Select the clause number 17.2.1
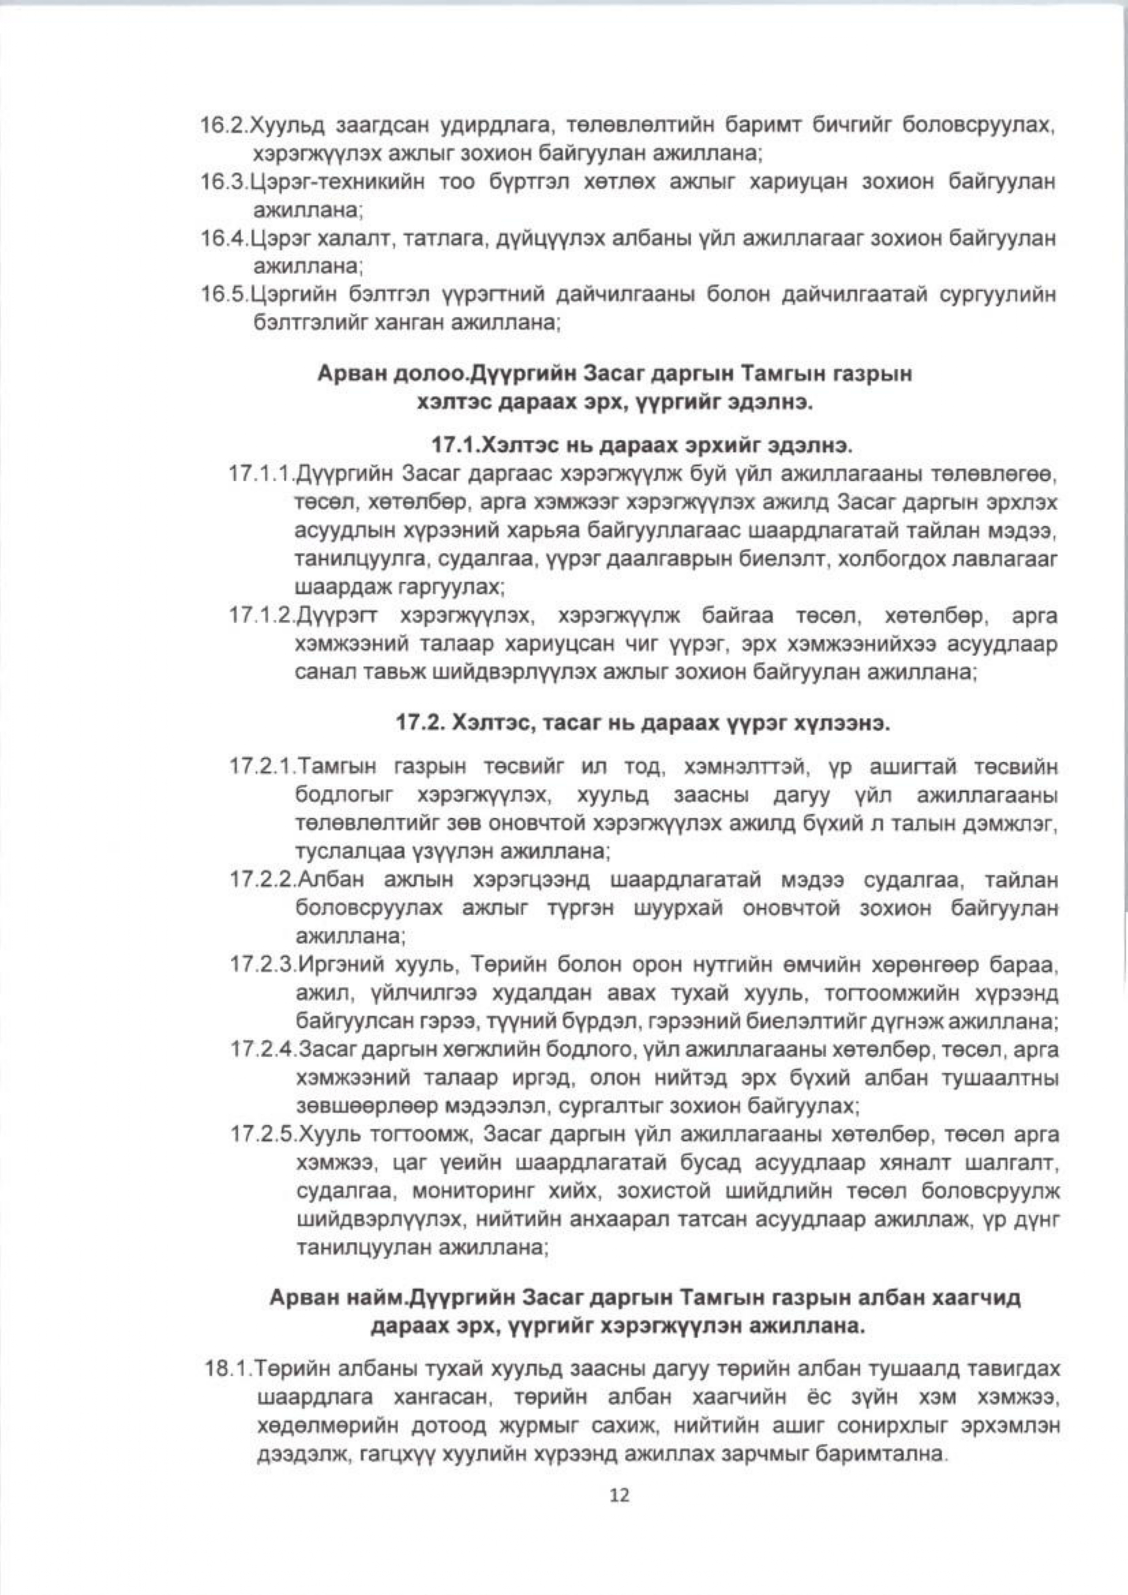tap(262, 769)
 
